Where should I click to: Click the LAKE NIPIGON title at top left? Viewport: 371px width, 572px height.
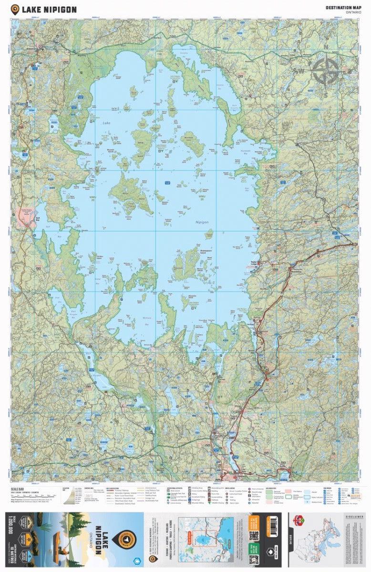pos(49,9)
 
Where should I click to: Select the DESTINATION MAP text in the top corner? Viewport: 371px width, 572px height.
pos(342,8)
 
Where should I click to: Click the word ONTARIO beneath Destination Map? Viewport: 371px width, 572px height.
pos(353,12)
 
